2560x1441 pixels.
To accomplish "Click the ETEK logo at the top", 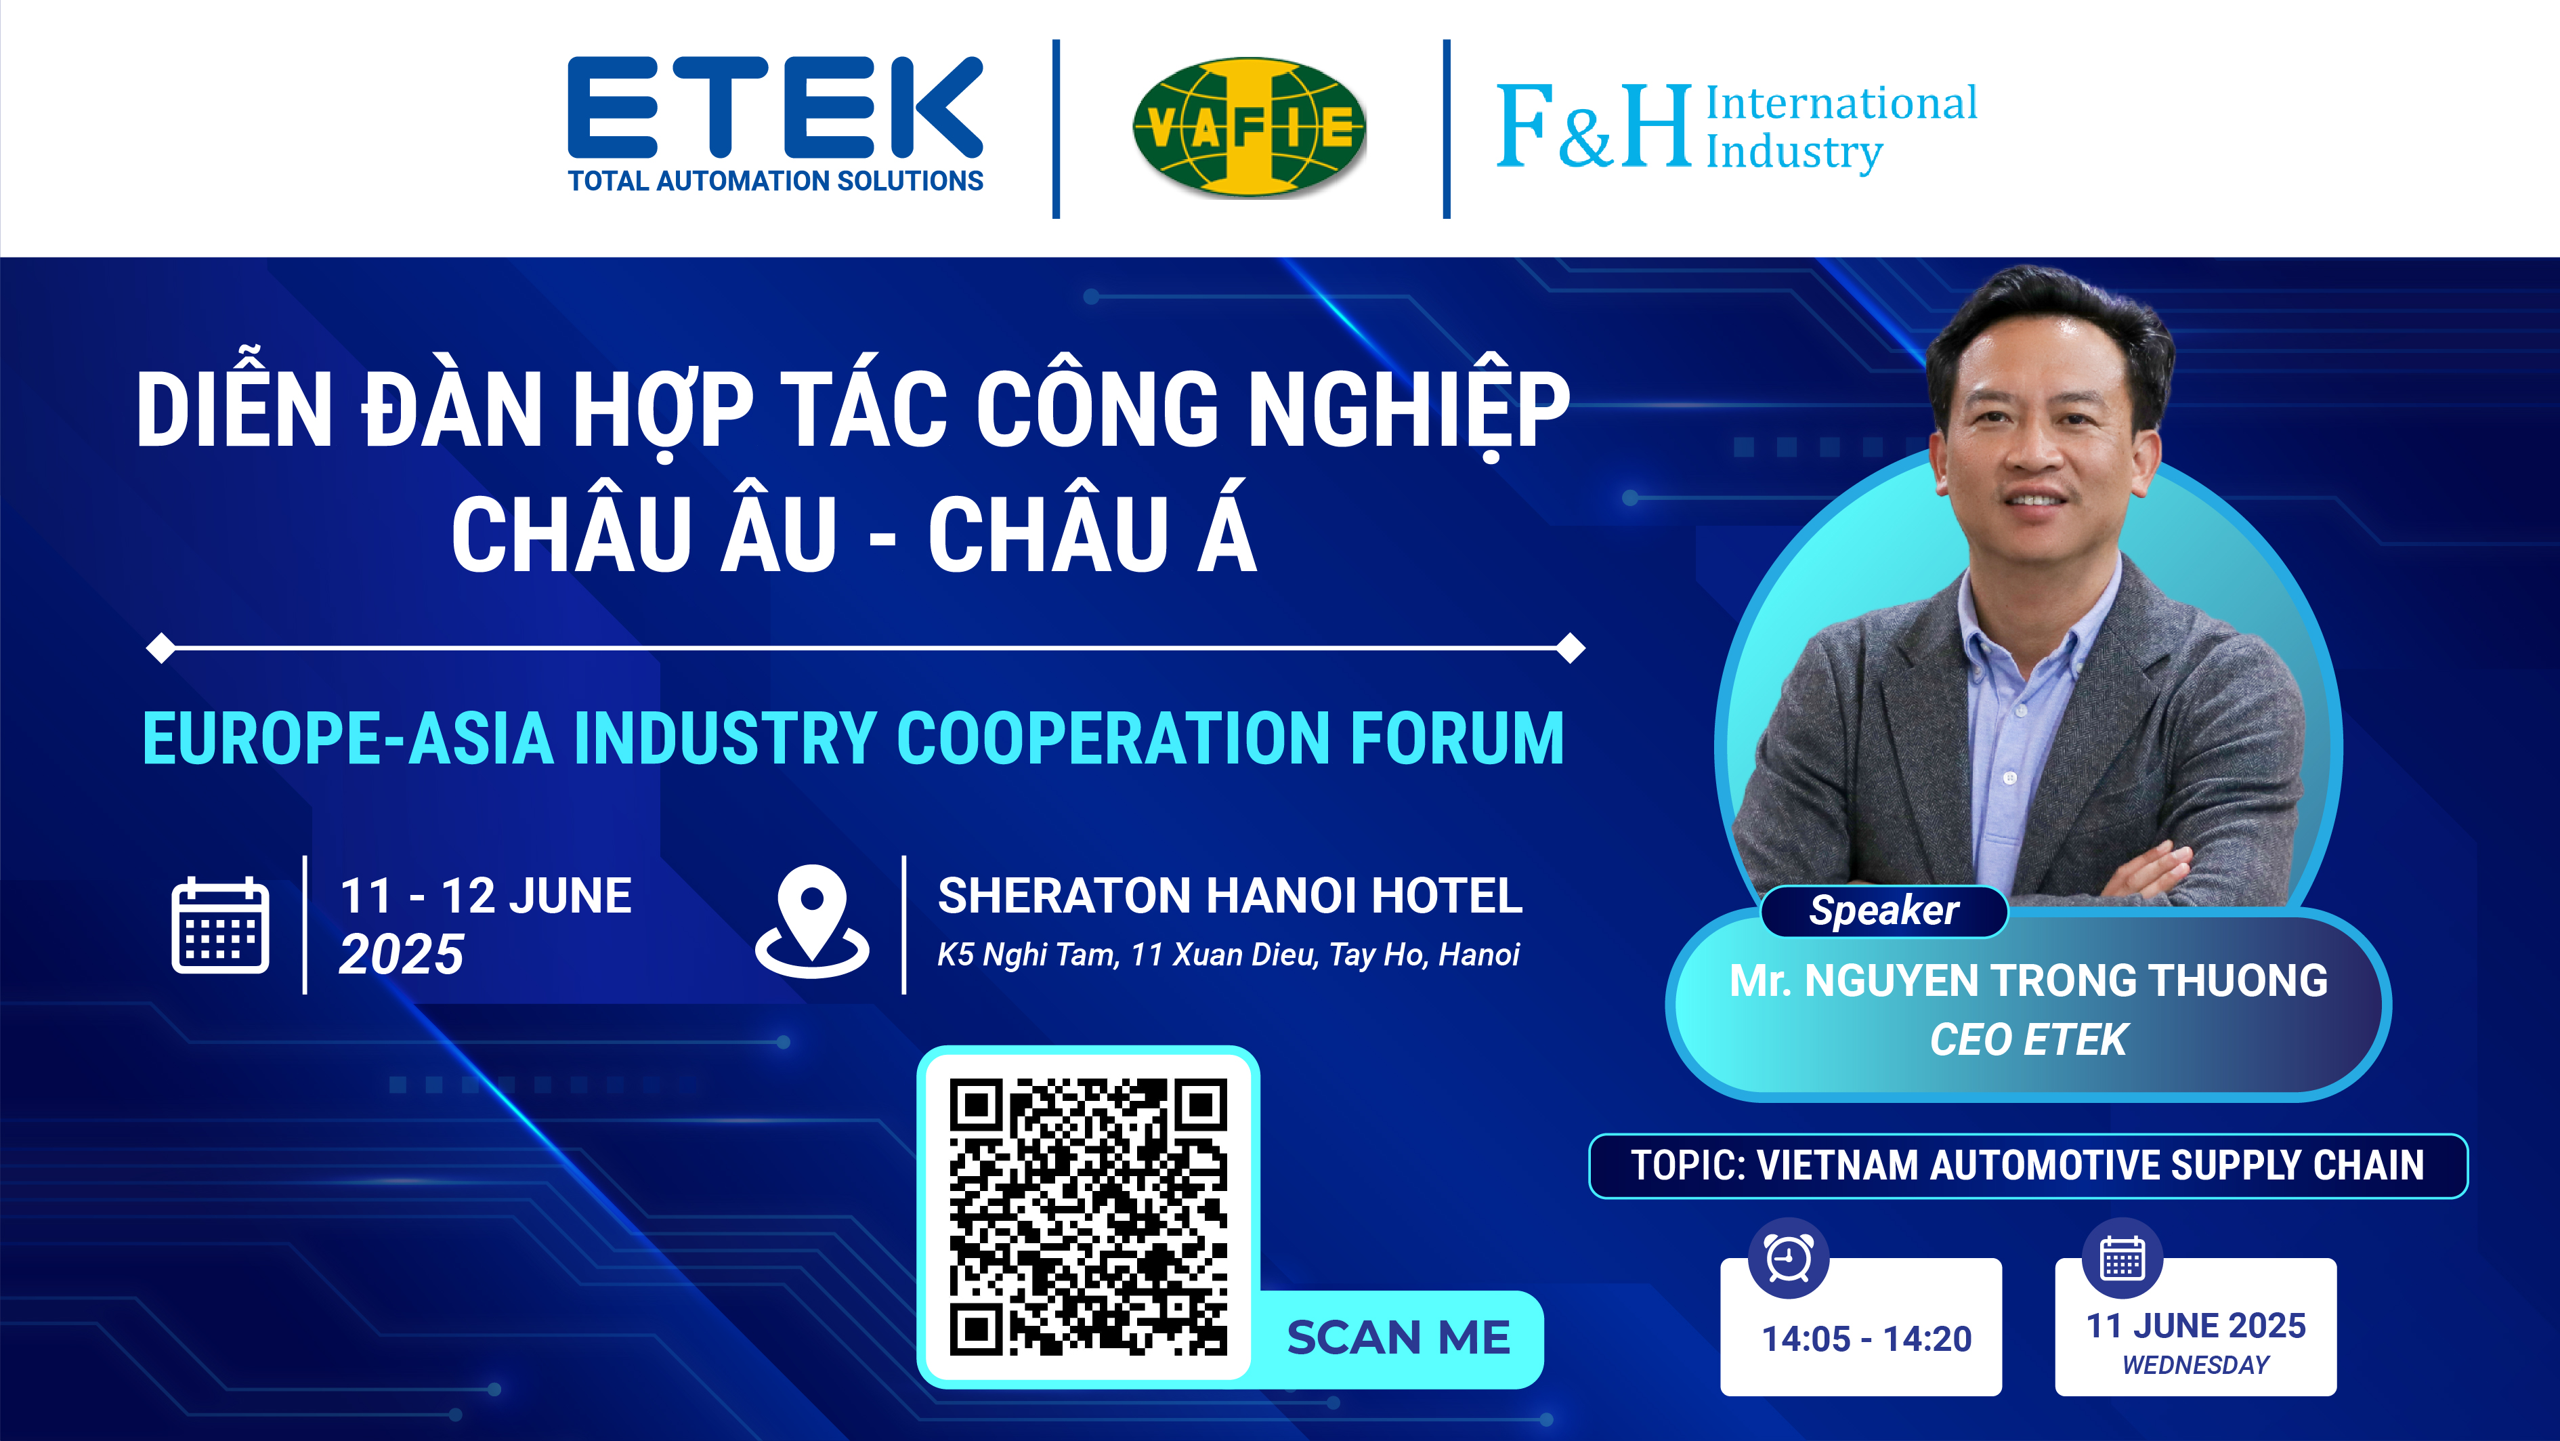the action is coord(775,124).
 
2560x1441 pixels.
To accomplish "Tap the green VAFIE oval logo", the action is coord(1250,127).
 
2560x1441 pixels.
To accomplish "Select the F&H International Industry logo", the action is coord(1737,127).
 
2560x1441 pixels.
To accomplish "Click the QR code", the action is coord(1088,1216).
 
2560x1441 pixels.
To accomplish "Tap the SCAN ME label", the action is coord(1399,1337).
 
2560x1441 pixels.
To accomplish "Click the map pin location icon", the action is coord(812,921).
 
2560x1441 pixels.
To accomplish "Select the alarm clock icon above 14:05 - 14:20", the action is coord(1789,1258).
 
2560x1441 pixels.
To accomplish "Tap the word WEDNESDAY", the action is coord(2195,1366).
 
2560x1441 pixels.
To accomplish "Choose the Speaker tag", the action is coord(1884,911).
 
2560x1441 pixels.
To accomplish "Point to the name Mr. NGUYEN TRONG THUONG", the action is coord(2028,981).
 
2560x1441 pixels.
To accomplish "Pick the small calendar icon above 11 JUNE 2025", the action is coord(2122,1258).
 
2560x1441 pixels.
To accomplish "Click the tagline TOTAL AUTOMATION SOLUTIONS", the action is coord(775,181).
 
